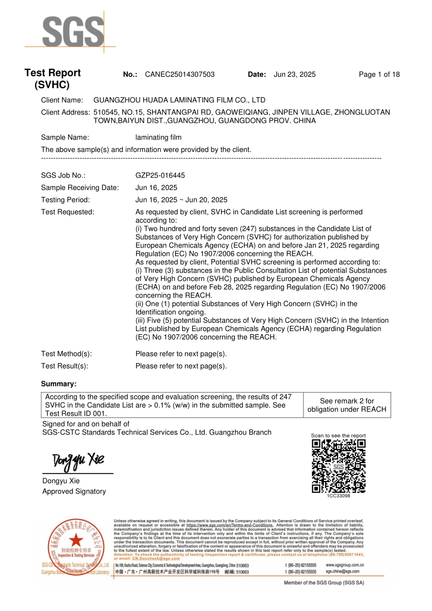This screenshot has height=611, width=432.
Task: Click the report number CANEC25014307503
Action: coord(180,75)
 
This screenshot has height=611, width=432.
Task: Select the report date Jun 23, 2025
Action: coord(295,75)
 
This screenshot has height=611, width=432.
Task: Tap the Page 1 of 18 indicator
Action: coord(379,75)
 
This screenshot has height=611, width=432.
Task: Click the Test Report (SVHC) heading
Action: coord(52,79)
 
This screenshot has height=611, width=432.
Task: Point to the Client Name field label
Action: coord(62,100)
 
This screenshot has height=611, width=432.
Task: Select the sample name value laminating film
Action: coord(158,137)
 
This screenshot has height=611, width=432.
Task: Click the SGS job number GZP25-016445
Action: coord(160,175)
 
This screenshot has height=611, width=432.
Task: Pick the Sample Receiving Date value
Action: coord(156,187)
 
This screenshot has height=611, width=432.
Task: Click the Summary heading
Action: coord(59,384)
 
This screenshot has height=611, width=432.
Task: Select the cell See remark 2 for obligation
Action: coord(347,405)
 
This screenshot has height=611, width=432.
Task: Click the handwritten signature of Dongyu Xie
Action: coord(78,461)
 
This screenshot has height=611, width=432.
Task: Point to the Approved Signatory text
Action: coord(74,491)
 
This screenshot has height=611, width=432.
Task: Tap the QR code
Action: coord(338,466)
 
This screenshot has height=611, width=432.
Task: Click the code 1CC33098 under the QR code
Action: coord(338,496)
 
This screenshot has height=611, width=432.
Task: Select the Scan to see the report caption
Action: coord(338,436)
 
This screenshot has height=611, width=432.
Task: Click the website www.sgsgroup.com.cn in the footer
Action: coord(345,565)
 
